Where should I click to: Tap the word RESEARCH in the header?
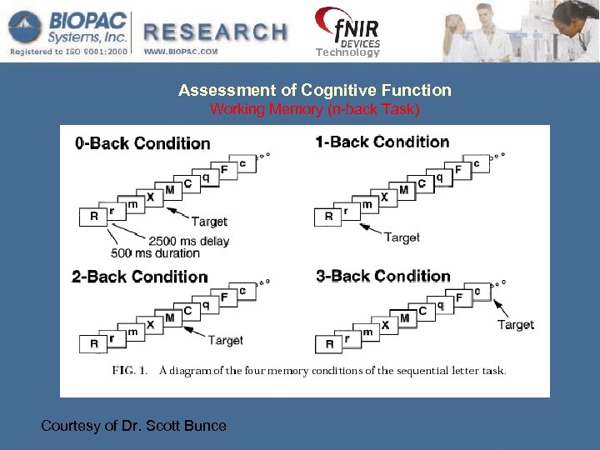pos(216,32)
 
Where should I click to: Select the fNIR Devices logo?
pos(347,31)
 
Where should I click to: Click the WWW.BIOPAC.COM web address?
pos(181,52)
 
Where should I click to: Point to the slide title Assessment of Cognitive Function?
pos(315,90)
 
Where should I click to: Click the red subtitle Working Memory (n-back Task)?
pos(315,109)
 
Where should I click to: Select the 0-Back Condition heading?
pos(142,143)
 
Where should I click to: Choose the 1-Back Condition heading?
pos(382,142)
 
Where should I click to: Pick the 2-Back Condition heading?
pos(140,277)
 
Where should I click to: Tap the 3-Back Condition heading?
pos(383,276)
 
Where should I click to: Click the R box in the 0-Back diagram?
pos(93,216)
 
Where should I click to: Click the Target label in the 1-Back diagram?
pos(402,237)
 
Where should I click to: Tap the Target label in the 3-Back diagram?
pos(516,324)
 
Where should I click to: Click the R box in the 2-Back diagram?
pos(93,343)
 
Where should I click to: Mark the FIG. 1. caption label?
pos(130,371)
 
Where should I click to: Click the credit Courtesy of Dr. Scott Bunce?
pos(133,426)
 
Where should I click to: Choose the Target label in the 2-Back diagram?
pos(225,340)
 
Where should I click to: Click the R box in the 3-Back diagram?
pos(329,343)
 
